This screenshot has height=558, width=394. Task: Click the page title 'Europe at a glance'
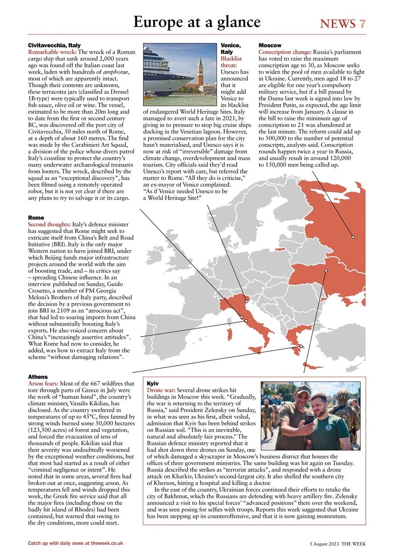click(197, 21)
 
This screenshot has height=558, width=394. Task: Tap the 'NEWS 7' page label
click(343, 24)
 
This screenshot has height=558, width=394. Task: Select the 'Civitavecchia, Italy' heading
click(54, 45)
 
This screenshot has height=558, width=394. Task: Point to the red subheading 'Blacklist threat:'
click(231, 61)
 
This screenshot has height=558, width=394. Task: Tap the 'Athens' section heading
click(38, 377)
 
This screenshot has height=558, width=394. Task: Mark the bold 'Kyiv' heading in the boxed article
click(153, 383)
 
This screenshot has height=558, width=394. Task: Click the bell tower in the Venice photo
click(200, 72)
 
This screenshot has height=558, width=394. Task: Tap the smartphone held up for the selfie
click(310, 420)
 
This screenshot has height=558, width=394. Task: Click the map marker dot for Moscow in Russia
click(353, 237)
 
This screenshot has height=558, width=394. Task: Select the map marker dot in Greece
click(301, 346)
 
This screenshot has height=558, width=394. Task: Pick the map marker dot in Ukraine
click(326, 270)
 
